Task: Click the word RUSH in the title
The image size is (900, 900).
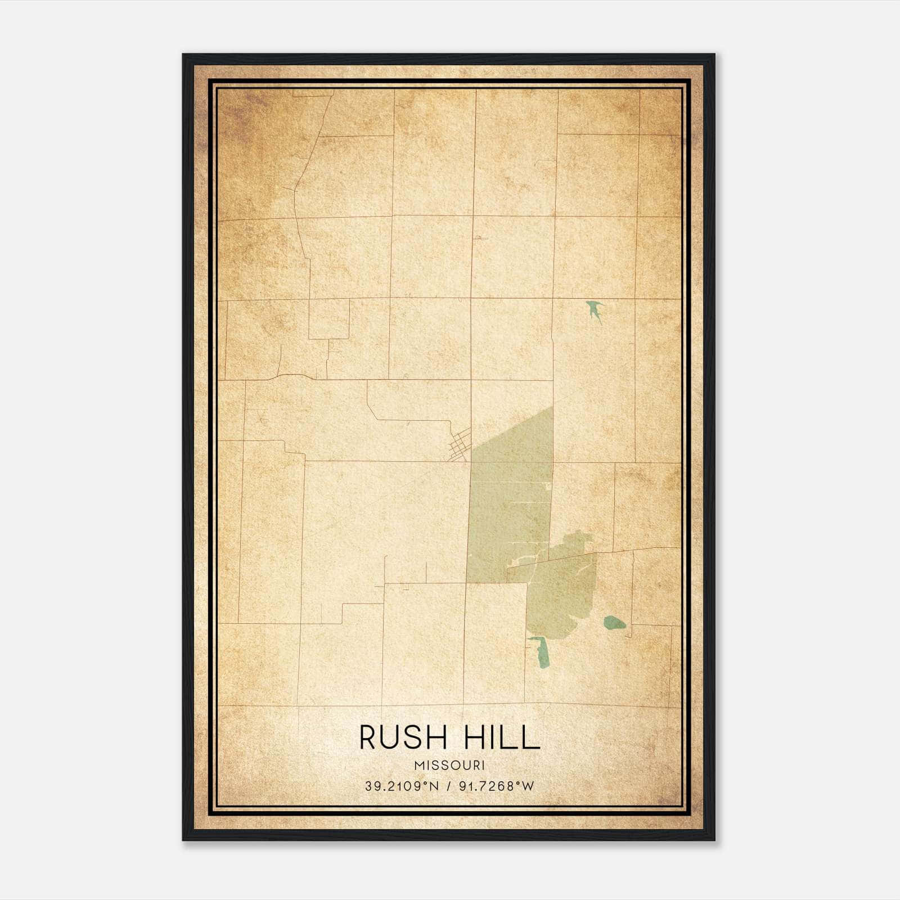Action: pos(400,737)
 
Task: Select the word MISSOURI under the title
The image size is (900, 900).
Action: pos(449,766)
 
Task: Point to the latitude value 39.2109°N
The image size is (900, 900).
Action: pos(401,786)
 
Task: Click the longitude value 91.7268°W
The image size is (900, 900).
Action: pos(496,786)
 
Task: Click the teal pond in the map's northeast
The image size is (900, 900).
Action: pos(594,310)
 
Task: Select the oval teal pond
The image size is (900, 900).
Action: pos(614,622)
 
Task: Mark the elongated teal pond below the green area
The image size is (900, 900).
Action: pos(541,652)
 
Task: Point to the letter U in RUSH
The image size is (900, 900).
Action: pos(390,737)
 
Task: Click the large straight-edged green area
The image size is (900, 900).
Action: pos(509,495)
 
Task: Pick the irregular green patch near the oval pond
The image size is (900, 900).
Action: pos(562,596)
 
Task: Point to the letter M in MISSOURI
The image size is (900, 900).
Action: pos(418,766)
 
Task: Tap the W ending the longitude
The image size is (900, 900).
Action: pos(528,786)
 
